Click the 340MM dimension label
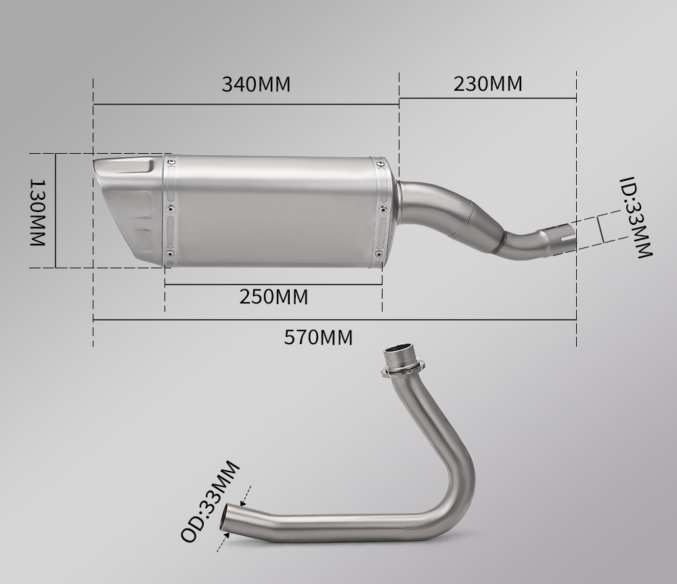[256, 84]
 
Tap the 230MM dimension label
[488, 84]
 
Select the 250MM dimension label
[274, 297]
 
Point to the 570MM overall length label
[318, 337]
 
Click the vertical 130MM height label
[37, 213]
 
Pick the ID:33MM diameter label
[636, 217]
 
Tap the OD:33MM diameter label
[210, 501]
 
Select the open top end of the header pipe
[399, 349]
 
